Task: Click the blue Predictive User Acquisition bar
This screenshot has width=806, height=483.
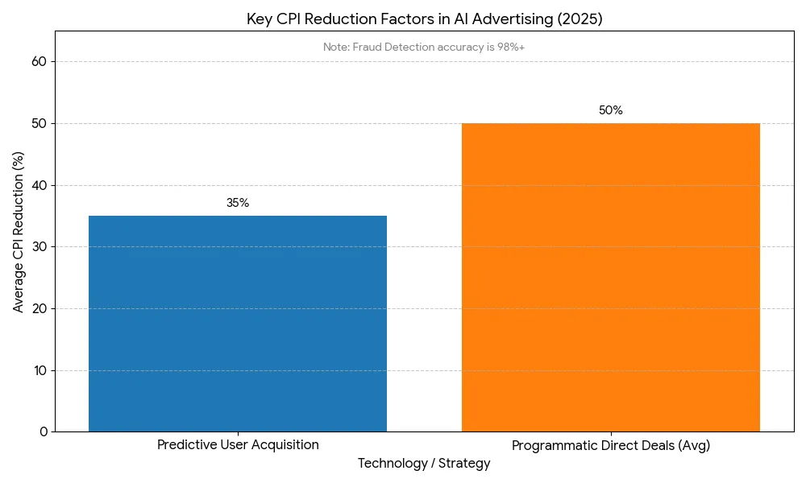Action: click(238, 324)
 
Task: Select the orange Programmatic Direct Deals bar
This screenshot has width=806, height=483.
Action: click(610, 278)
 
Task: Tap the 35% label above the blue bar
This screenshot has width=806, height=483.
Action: click(238, 203)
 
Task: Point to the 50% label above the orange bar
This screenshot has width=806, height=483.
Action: click(610, 110)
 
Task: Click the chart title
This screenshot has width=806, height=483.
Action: click(424, 19)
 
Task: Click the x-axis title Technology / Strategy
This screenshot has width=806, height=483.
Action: click(424, 464)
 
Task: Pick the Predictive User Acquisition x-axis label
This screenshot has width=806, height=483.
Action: click(238, 445)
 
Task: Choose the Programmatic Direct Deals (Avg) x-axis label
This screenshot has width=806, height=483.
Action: click(610, 445)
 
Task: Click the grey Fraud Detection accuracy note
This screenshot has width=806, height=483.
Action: click(424, 47)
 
